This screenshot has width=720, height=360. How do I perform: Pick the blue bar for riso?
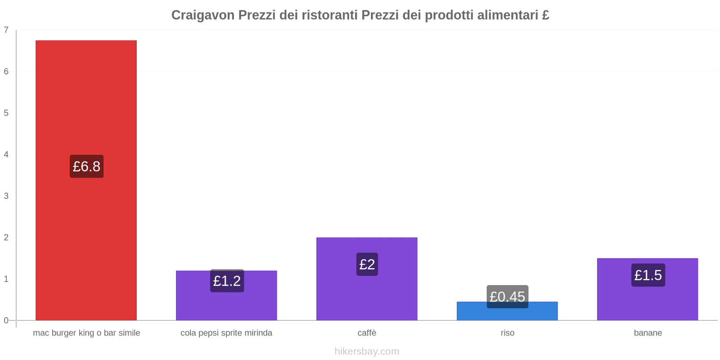pyautogui.click(x=507, y=314)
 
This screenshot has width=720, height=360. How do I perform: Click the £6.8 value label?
pyautogui.click(x=86, y=166)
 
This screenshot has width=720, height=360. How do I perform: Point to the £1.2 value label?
pyautogui.click(x=227, y=281)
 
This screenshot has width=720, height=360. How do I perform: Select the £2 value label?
pyautogui.click(x=367, y=264)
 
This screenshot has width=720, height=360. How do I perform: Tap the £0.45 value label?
pyautogui.click(x=507, y=297)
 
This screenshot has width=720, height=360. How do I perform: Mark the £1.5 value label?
pyautogui.click(x=648, y=275)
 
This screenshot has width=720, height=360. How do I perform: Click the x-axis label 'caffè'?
pyautogui.click(x=367, y=333)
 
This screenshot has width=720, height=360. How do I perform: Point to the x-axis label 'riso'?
pyautogui.click(x=507, y=333)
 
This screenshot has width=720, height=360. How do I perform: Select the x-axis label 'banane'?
pyautogui.click(x=648, y=333)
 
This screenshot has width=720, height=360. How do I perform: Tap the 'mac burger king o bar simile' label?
pyautogui.click(x=86, y=333)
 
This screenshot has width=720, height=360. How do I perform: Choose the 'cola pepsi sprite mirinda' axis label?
pyautogui.click(x=226, y=333)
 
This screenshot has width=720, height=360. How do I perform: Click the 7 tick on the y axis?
pyautogui.click(x=6, y=30)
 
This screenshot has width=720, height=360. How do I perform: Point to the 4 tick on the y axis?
pyautogui.click(x=6, y=154)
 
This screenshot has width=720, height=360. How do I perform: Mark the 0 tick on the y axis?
pyautogui.click(x=6, y=320)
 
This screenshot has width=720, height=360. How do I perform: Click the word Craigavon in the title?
pyautogui.click(x=202, y=15)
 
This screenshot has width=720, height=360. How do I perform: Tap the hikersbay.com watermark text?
pyautogui.click(x=367, y=351)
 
